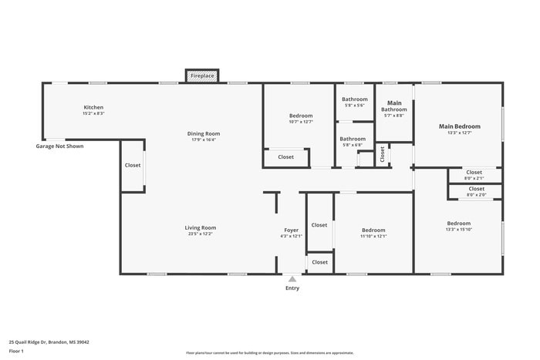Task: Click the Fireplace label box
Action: [x=202, y=76]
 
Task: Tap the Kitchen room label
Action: [x=93, y=107]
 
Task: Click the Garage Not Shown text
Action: [x=59, y=146]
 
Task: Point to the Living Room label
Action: [x=200, y=227]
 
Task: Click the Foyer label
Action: [x=291, y=230]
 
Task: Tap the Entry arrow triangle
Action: [x=292, y=279]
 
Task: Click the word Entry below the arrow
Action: [x=292, y=288]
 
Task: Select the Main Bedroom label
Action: [x=459, y=126]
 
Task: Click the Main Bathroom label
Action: [x=393, y=106]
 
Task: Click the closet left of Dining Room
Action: [x=132, y=165]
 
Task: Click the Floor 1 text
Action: [x=17, y=351]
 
